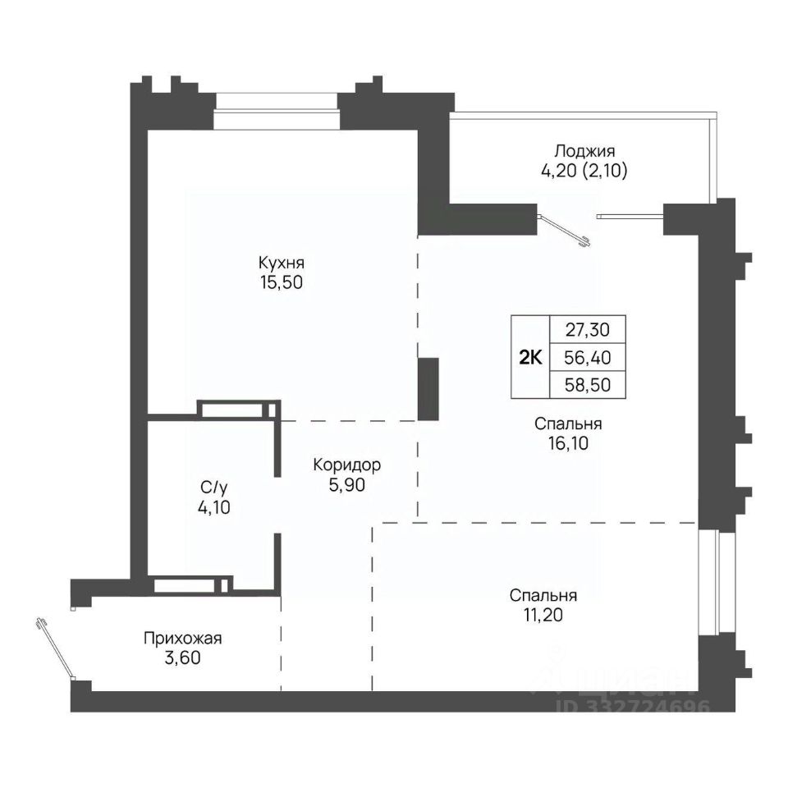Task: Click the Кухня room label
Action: click(x=282, y=263)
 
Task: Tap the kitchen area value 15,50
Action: click(x=282, y=282)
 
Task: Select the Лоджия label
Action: click(x=584, y=151)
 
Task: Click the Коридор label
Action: click(x=346, y=465)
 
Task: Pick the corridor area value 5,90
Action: click(x=346, y=485)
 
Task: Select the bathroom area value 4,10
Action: click(x=214, y=507)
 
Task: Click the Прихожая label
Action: click(x=182, y=639)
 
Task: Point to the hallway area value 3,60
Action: click(x=182, y=657)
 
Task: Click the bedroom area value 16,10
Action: click(x=568, y=443)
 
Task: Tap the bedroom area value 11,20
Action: click(x=543, y=615)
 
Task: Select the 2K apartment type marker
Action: click(x=530, y=358)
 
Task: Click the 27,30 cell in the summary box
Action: click(x=588, y=330)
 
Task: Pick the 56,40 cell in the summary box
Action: click(x=588, y=358)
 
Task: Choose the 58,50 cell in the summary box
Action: click(x=588, y=385)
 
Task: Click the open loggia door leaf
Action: click(x=564, y=231)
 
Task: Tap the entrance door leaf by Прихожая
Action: click(x=55, y=649)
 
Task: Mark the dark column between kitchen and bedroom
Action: click(x=428, y=389)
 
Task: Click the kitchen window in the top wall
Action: click(x=276, y=111)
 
